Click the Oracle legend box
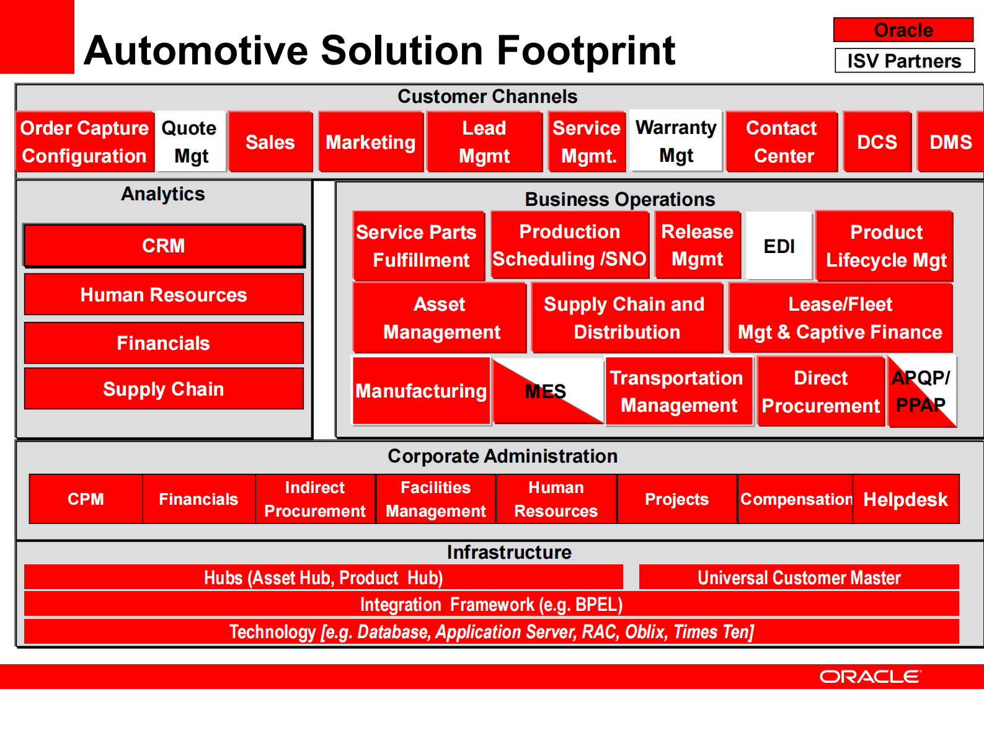coord(903,30)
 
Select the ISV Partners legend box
coord(904,61)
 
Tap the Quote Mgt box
coord(190,142)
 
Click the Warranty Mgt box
coord(676,141)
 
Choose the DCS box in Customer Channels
coord(877,142)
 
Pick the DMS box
coord(951,142)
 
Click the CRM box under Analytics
coord(164,246)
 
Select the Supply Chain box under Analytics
coord(164,389)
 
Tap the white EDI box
coord(779,246)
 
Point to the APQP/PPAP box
coord(921,391)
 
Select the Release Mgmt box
coord(697,245)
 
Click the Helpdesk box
coord(905,499)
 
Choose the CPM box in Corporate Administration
coord(86,499)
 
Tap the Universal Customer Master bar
coord(799,577)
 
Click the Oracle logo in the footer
coord(870,677)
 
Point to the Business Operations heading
coord(620,199)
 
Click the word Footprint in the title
coord(586,51)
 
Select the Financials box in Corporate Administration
coord(198,499)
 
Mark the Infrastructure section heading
coord(509,552)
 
